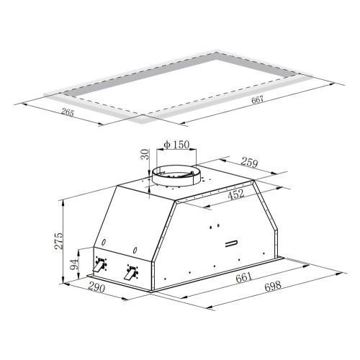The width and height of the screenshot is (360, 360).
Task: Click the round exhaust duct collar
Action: (x=176, y=175)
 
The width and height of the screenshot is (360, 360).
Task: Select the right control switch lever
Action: (x=130, y=274)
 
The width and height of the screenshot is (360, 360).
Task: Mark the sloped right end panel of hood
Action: (x=270, y=220)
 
